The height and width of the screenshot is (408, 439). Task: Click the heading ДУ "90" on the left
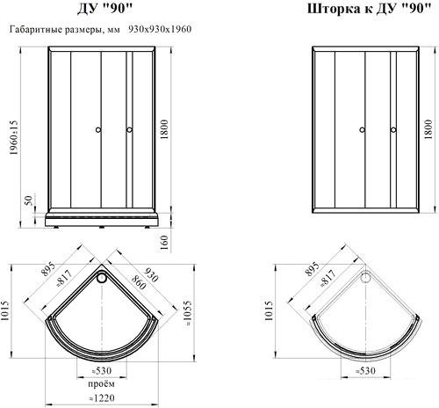[x=104, y=9]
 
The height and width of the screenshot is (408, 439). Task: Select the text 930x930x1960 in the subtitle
[x=160, y=29]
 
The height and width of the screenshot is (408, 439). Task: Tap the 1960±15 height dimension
[x=14, y=137]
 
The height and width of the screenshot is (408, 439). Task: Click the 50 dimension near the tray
[x=28, y=200]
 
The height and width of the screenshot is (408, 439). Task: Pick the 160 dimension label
[x=165, y=243]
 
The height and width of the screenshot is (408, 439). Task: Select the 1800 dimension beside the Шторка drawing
[x=428, y=129]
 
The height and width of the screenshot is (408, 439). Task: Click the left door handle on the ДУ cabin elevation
[x=98, y=130]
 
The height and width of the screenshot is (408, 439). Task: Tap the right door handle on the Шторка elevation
[x=393, y=130]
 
